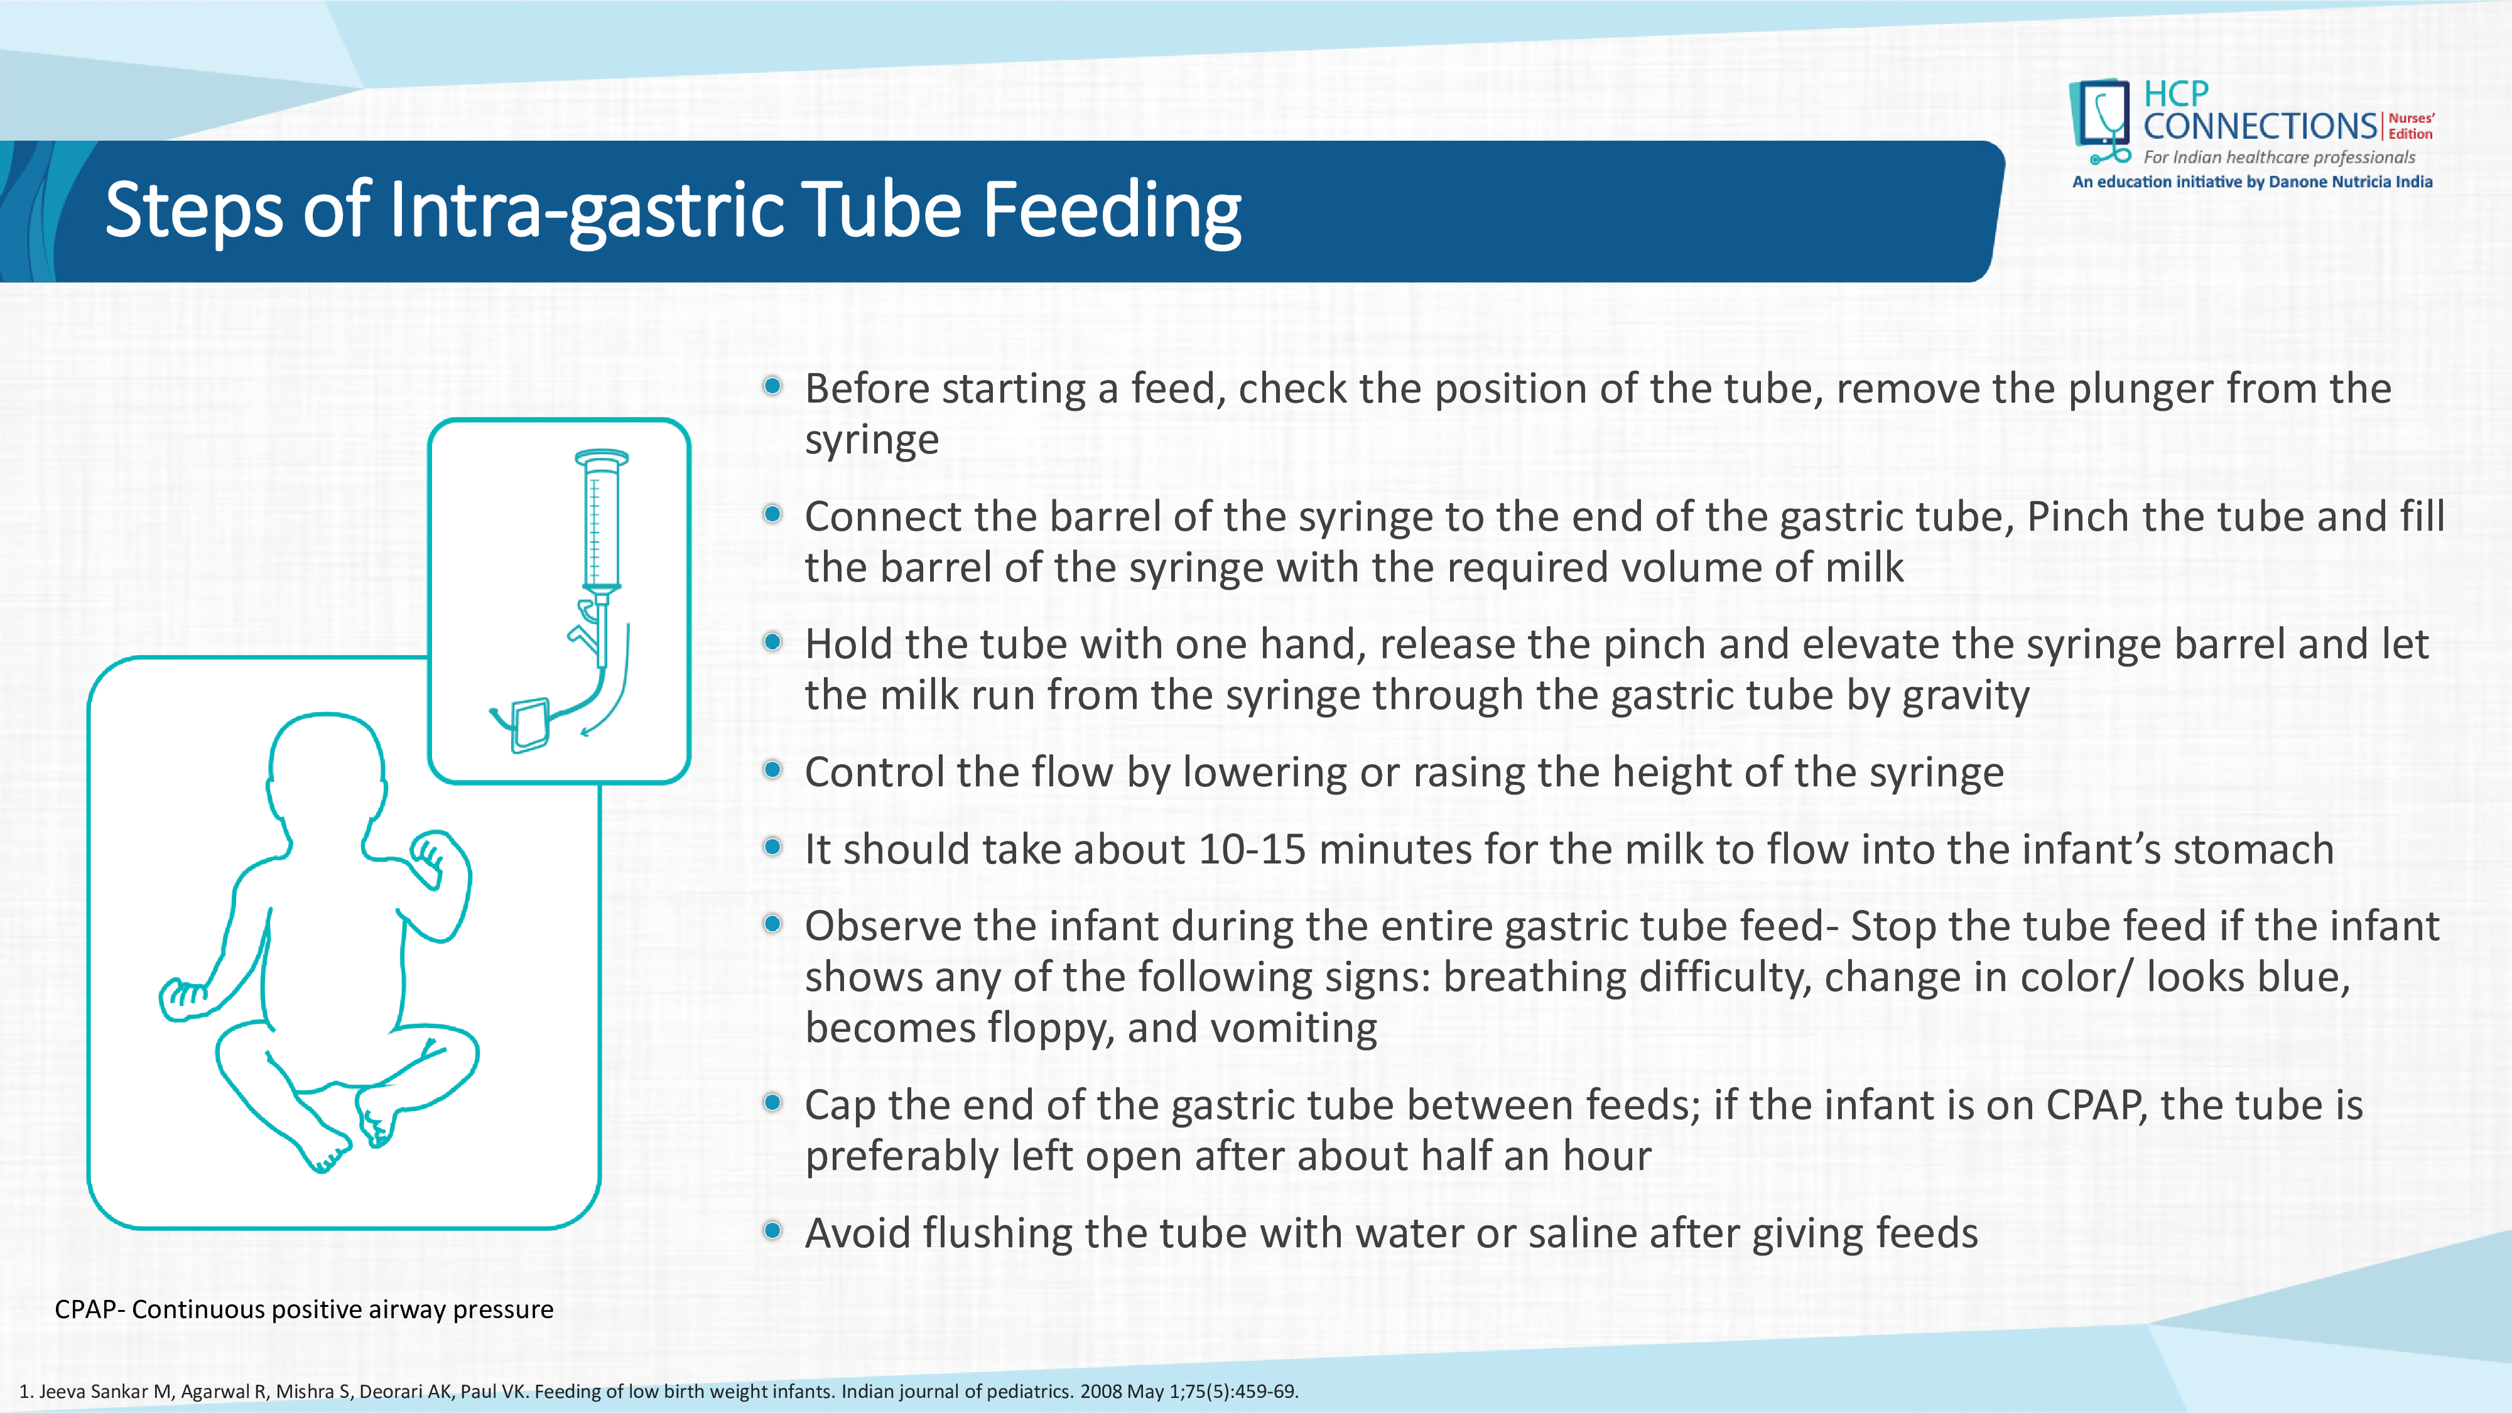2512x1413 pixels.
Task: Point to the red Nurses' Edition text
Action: point(2411,126)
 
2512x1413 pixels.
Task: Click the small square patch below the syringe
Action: point(529,725)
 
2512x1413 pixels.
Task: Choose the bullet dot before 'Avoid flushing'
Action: point(772,1231)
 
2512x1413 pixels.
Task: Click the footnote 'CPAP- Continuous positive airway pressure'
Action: point(303,1309)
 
